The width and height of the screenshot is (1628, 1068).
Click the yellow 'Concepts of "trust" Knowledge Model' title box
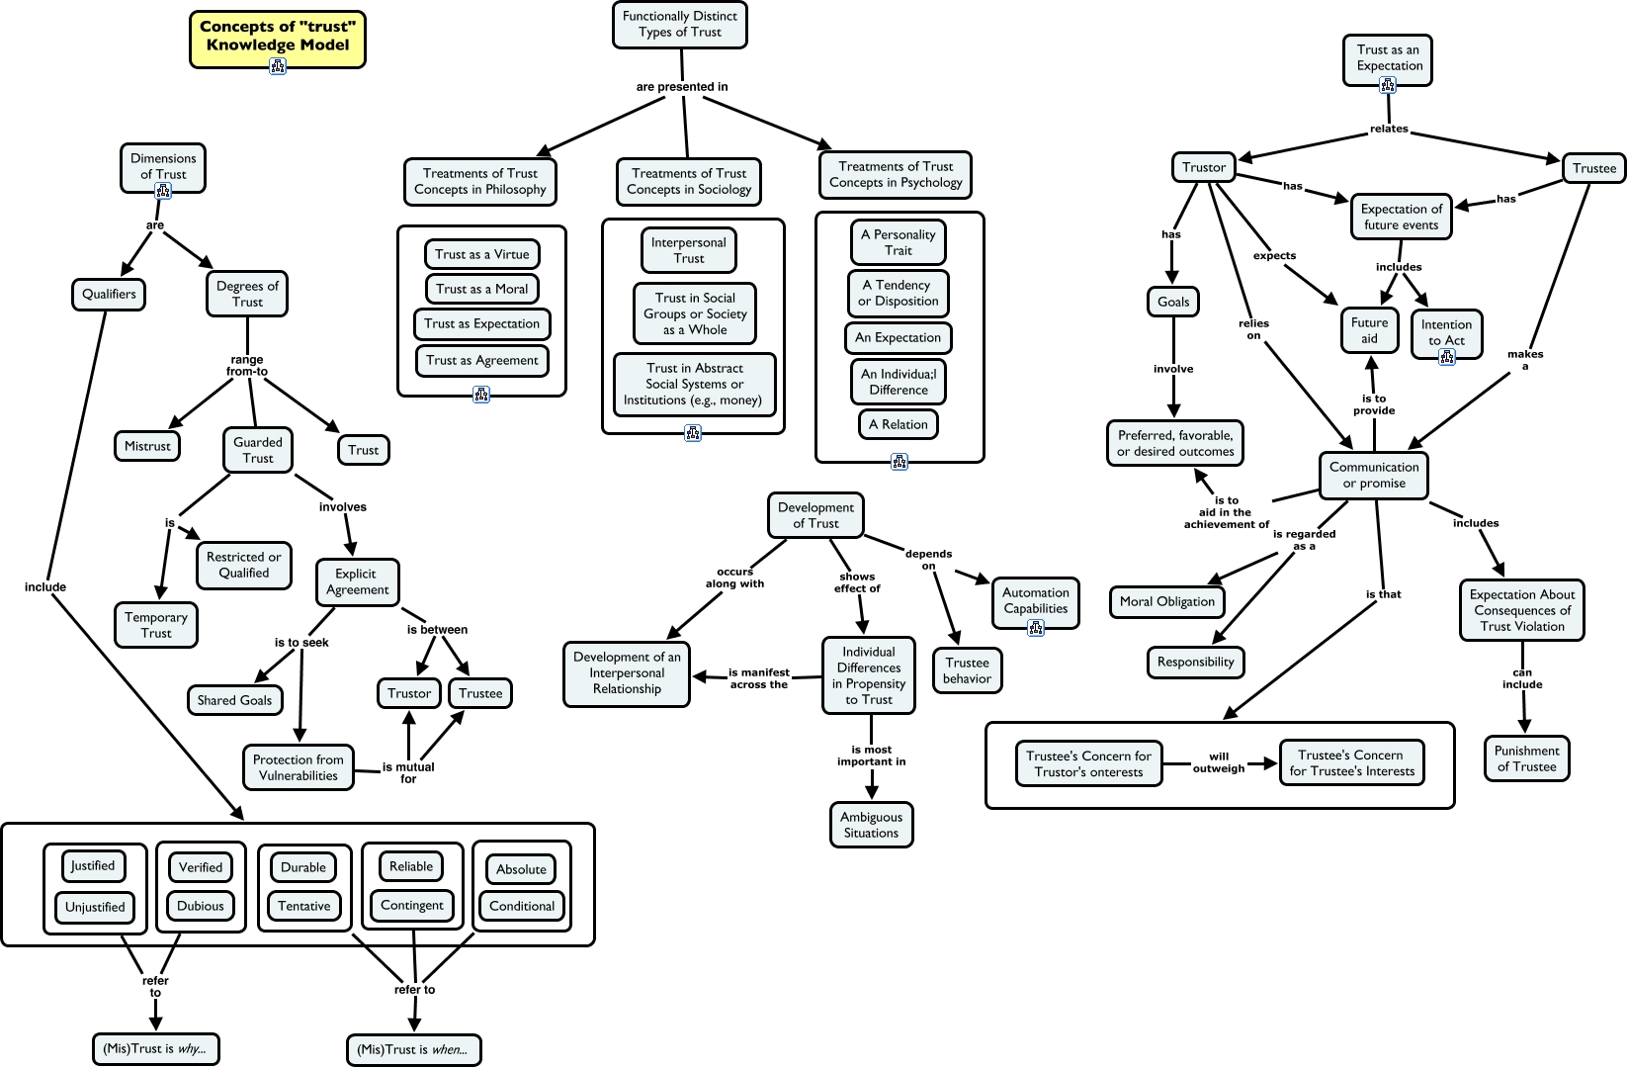[x=277, y=38]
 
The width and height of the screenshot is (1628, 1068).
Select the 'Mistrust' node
[x=147, y=446]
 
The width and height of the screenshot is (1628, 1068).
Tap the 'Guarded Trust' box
[x=258, y=450]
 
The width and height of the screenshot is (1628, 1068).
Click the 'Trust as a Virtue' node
[x=482, y=254]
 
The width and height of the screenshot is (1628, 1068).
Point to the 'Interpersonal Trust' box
[x=689, y=250]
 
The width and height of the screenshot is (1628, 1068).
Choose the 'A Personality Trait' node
[x=898, y=242]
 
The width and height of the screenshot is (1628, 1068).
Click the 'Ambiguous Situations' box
[x=871, y=825]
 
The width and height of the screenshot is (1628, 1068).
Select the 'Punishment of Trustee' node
[x=1526, y=758]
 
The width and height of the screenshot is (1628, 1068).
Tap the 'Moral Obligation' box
[x=1167, y=601]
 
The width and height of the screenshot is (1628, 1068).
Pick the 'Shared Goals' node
[x=234, y=700]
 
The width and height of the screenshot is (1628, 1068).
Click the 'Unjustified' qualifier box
[x=95, y=907]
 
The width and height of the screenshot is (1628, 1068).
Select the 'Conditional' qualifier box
[x=522, y=906]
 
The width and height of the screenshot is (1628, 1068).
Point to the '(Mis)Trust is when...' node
[x=414, y=1049]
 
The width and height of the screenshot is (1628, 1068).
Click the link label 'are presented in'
[x=682, y=87]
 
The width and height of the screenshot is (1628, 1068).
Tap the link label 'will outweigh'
[x=1219, y=762]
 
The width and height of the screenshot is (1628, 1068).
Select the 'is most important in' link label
[x=871, y=756]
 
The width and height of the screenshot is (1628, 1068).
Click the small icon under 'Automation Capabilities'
[x=1036, y=628]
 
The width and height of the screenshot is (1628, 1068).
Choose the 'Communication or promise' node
[x=1374, y=475]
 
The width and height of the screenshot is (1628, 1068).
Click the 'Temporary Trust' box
[x=156, y=625]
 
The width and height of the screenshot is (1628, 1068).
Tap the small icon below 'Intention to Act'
[x=1447, y=357]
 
